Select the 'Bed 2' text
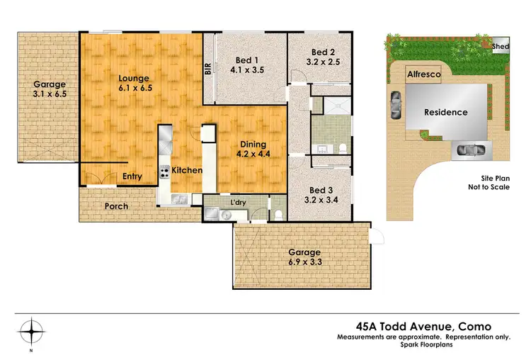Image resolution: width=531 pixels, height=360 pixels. click(323, 52)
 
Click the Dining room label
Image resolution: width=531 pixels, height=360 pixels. click(252, 141)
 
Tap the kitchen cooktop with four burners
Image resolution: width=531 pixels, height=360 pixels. click(164, 171)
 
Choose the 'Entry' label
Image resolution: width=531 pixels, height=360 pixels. click(132, 176)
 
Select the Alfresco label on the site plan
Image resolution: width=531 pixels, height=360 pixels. click(423, 74)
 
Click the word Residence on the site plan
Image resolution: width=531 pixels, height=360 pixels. click(446, 112)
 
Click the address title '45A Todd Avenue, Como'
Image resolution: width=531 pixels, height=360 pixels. click(422, 326)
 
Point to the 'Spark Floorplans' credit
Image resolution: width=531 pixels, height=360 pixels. click(422, 345)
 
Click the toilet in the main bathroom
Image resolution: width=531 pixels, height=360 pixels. click(341, 148)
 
